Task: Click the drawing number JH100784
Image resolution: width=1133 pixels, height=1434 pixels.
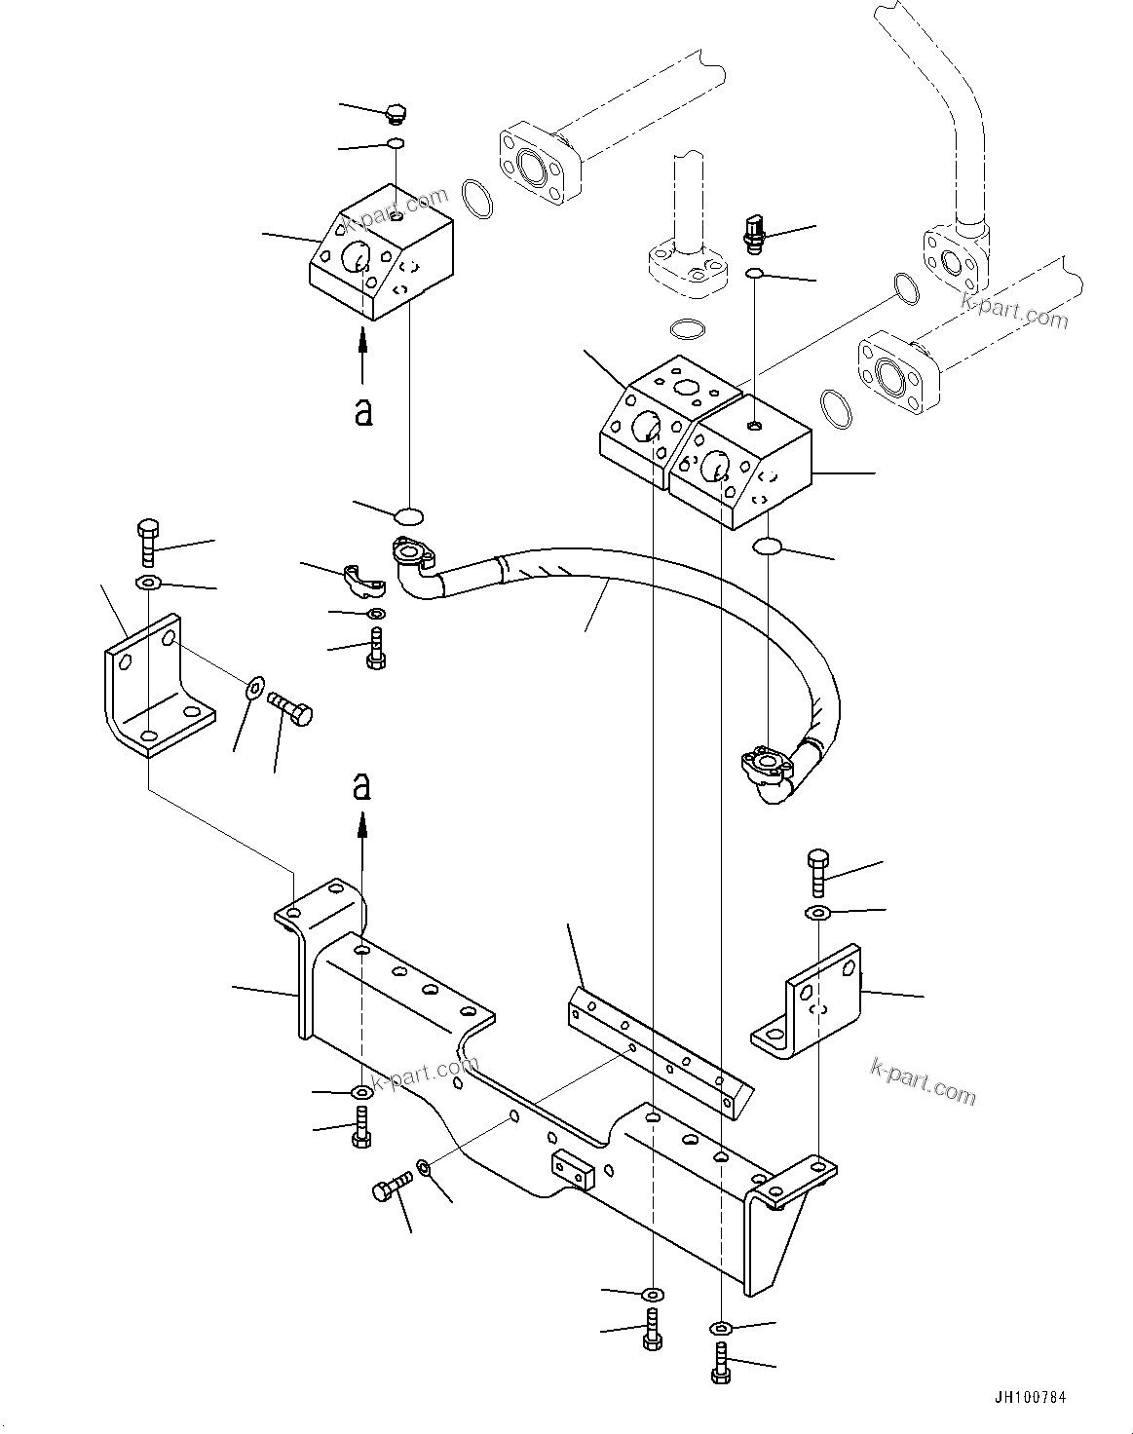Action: [1029, 1397]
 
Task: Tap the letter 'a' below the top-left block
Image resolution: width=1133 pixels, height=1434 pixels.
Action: [362, 413]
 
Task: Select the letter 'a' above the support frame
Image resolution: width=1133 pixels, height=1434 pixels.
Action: [362, 785]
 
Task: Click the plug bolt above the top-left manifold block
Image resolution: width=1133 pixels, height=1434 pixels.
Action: [395, 113]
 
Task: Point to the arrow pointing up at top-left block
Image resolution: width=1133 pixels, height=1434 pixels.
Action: [362, 356]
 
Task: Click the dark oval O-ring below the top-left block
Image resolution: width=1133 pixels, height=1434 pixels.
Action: [409, 513]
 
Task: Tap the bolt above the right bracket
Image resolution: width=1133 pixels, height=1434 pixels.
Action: [817, 872]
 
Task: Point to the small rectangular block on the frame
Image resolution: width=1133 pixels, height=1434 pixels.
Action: [573, 1169]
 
